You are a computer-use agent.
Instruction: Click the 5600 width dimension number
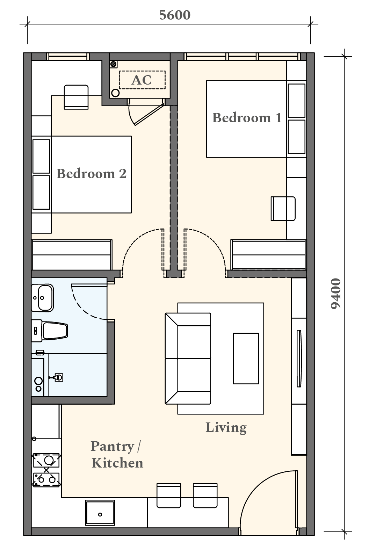tap(175, 15)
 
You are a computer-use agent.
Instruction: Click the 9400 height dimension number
tap(335, 294)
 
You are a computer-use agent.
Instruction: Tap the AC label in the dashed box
tap(142, 80)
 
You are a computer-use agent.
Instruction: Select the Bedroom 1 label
tap(247, 118)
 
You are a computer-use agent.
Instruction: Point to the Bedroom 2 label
tap(91, 174)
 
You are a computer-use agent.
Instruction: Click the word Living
tap(226, 428)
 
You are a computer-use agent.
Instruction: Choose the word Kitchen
tap(117, 463)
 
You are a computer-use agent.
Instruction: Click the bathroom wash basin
tap(43, 298)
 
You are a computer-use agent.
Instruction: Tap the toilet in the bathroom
tap(50, 331)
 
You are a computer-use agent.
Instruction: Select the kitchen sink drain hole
tap(100, 514)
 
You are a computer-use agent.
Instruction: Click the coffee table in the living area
tap(246, 358)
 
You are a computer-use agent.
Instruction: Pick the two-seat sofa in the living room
tap(188, 359)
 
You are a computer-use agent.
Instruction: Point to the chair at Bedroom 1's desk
tap(283, 209)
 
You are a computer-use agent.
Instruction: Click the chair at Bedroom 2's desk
tap(76, 97)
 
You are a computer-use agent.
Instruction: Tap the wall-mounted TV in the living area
tap(299, 359)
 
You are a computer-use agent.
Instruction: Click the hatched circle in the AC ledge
tap(114, 64)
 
